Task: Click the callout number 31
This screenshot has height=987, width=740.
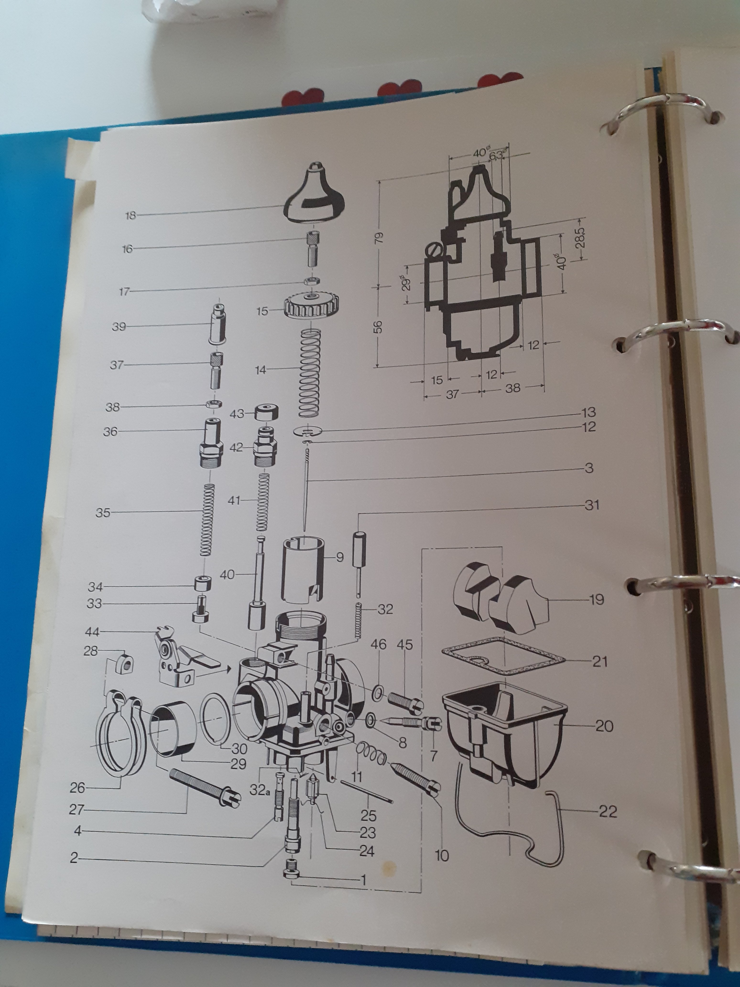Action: click(x=592, y=505)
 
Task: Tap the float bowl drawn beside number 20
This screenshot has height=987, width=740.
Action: click(x=505, y=735)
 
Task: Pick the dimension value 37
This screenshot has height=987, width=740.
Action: click(x=452, y=395)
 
